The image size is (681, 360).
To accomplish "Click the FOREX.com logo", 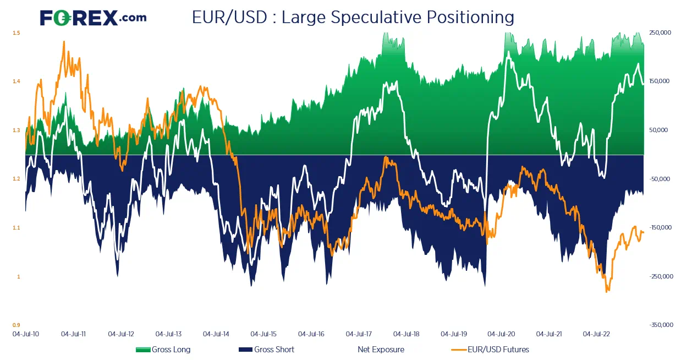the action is tap(93, 18).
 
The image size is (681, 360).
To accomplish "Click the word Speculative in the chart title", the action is tap(376, 18).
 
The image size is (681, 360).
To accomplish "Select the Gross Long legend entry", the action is tap(163, 350).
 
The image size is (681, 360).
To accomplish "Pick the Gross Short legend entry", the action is tap(266, 350).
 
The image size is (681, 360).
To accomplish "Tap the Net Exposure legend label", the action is tap(381, 350).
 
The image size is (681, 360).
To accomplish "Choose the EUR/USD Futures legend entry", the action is tap(490, 350).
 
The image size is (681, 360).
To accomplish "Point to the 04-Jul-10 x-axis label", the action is tap(25, 334).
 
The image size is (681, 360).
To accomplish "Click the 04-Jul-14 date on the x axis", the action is tap(216, 334).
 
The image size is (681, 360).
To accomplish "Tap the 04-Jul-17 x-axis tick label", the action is tap(359, 334).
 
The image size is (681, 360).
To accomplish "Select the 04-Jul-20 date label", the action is tap(501, 334).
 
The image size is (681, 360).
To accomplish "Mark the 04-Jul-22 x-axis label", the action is tap(596, 334).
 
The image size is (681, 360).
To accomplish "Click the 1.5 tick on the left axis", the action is tap(17, 32).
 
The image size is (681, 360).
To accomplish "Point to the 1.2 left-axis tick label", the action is tap(17, 179).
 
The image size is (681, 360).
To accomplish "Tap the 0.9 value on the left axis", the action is tap(17, 325).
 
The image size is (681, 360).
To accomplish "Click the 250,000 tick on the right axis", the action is tap(660, 32).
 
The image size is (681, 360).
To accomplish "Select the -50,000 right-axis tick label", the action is tap(660, 179).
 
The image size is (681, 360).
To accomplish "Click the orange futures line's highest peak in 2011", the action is tap(64, 41).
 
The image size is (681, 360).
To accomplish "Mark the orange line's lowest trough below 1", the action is tap(607, 292).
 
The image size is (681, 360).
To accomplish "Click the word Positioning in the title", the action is tap(470, 18).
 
